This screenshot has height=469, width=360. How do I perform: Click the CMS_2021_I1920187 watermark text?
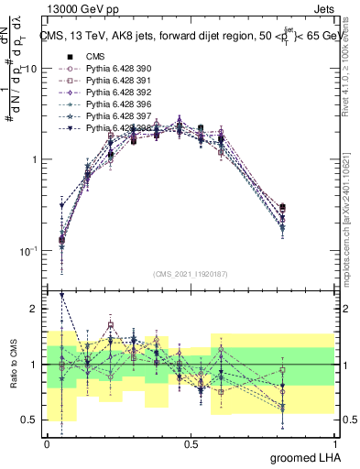[x=191, y=274]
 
